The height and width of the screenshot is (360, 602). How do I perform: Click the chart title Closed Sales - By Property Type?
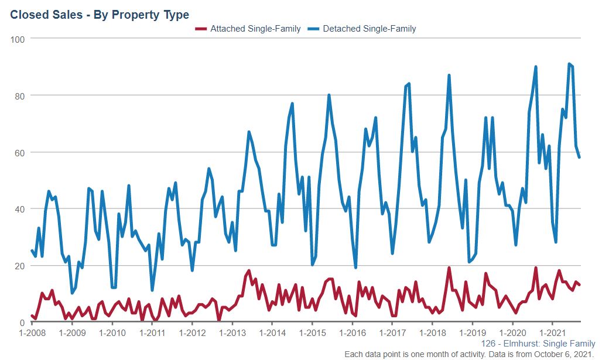click(100, 13)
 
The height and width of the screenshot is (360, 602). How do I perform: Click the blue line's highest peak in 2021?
click(569, 64)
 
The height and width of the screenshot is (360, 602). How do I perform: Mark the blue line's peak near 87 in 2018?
click(449, 75)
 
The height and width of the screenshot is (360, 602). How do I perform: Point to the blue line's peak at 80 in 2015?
click(329, 95)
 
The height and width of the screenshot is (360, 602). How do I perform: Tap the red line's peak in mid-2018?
click(449, 268)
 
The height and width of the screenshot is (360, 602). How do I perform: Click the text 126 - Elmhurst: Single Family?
click(538, 344)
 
